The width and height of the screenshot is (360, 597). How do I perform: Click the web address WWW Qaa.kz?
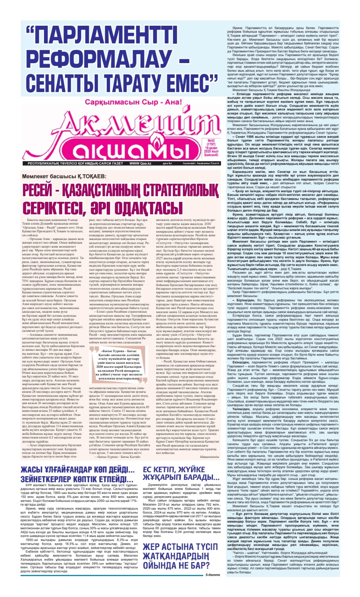pos(140,163)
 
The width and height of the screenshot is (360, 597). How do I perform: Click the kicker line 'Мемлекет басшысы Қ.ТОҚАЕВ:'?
pos(64,176)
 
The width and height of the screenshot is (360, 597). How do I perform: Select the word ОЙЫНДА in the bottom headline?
pos(163,565)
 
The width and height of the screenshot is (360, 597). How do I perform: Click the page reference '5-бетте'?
pos(213,575)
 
